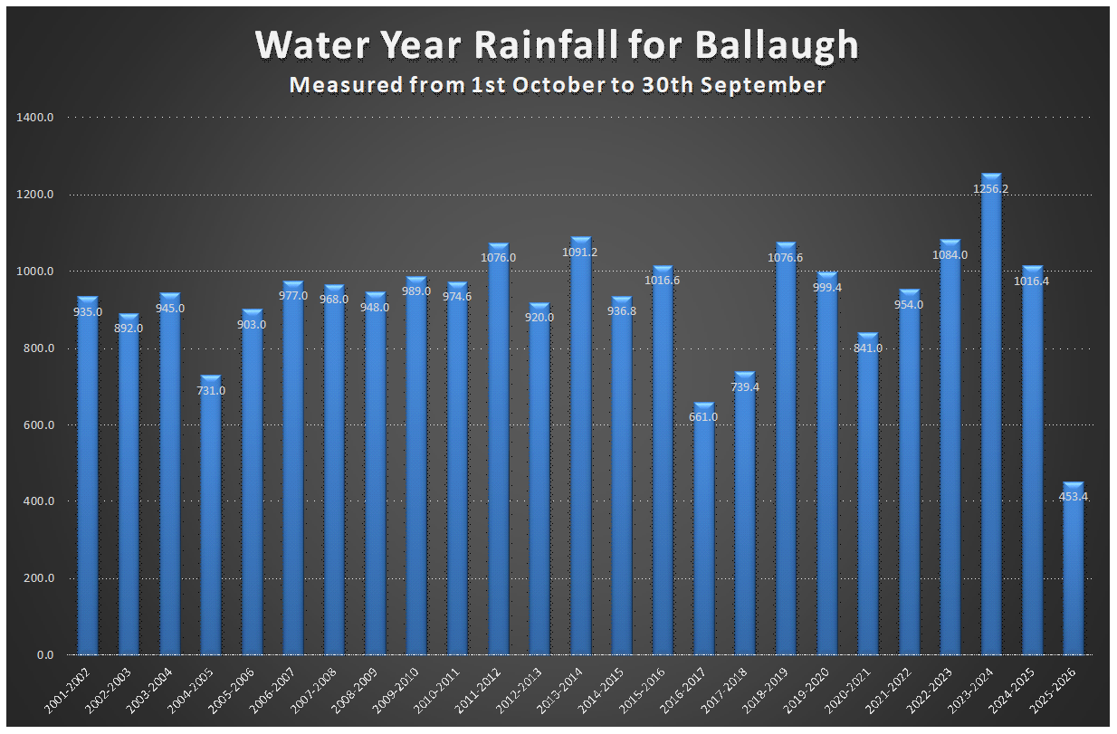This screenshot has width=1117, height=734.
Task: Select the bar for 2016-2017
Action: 703,534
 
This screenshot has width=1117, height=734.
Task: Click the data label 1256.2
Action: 991,189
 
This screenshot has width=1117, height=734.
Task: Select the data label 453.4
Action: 1073,496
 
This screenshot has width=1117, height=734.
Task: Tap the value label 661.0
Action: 703,417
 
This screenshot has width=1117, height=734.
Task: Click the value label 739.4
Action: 745,386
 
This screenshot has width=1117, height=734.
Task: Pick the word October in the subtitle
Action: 546,85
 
